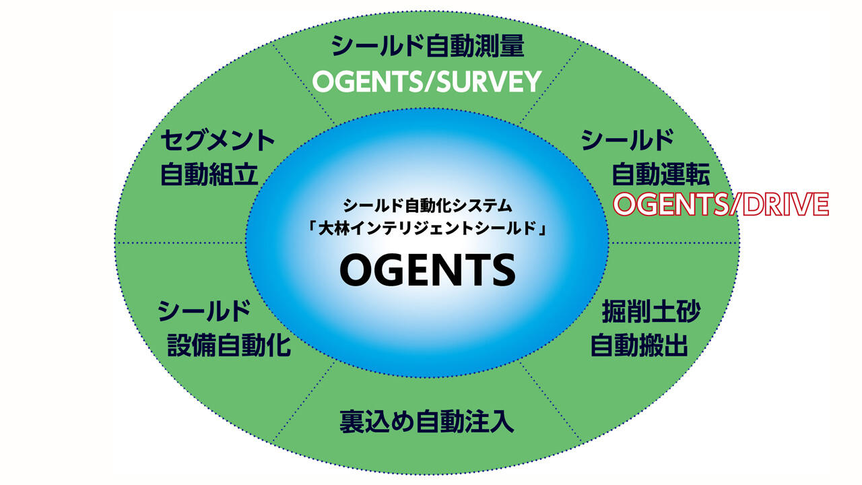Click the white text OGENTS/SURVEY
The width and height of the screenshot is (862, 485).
coord(427,82)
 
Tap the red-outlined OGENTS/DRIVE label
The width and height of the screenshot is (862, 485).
coord(721,204)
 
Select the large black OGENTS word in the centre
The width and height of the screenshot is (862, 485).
coord(428,270)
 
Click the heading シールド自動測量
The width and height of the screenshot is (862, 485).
coord(428,46)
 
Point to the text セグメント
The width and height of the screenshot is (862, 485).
coord(218,141)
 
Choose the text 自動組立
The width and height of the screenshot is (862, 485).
coord(209,174)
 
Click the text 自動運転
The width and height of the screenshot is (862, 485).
coord(661,174)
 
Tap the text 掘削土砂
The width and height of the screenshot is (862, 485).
coord(651,311)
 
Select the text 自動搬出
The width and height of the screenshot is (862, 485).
coord(639,346)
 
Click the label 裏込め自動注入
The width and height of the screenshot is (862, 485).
coord(427,422)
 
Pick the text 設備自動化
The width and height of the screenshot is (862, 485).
coord(229,346)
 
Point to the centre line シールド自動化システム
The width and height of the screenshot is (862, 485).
coord(428,205)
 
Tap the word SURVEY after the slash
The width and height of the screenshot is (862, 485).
coord(490,82)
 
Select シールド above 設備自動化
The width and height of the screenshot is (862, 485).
coord(204,311)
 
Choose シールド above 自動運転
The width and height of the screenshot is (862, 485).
coord(627,141)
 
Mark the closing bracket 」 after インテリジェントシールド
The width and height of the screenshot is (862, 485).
coord(542,230)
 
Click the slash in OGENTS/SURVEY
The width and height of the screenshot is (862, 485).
coord(430,82)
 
